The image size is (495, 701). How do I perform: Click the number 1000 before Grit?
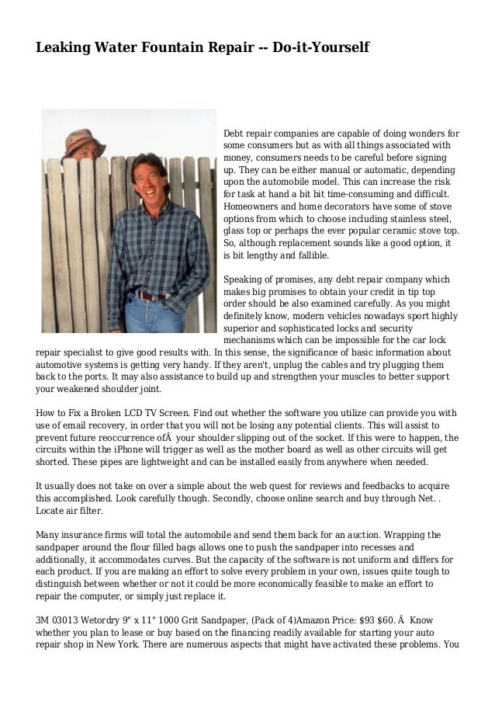(x=165, y=620)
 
